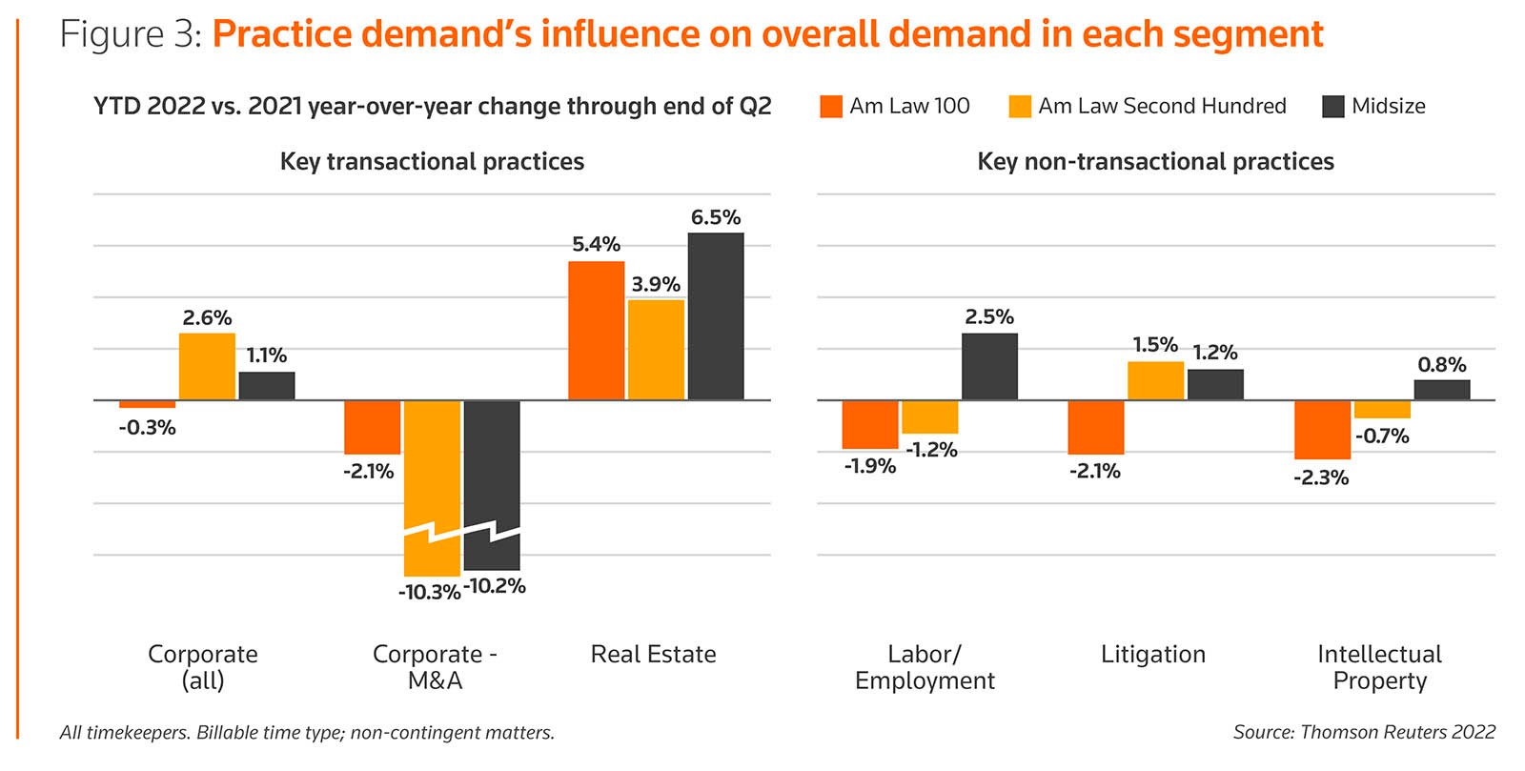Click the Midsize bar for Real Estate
716,316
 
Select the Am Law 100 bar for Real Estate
597,331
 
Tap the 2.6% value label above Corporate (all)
207,318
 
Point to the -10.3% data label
429,592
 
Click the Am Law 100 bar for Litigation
1096,427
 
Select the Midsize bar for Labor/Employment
989,367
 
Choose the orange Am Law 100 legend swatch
831,107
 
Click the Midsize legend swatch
1333,107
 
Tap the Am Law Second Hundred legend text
1162,106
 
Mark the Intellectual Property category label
1379,667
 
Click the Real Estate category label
653,655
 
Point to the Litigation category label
1153,655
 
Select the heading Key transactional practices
432,162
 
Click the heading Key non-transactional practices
1155,162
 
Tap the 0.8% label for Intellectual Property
1442,365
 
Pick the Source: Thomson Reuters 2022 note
1364,732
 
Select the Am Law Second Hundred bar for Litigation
1155,381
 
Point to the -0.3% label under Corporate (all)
147,428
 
